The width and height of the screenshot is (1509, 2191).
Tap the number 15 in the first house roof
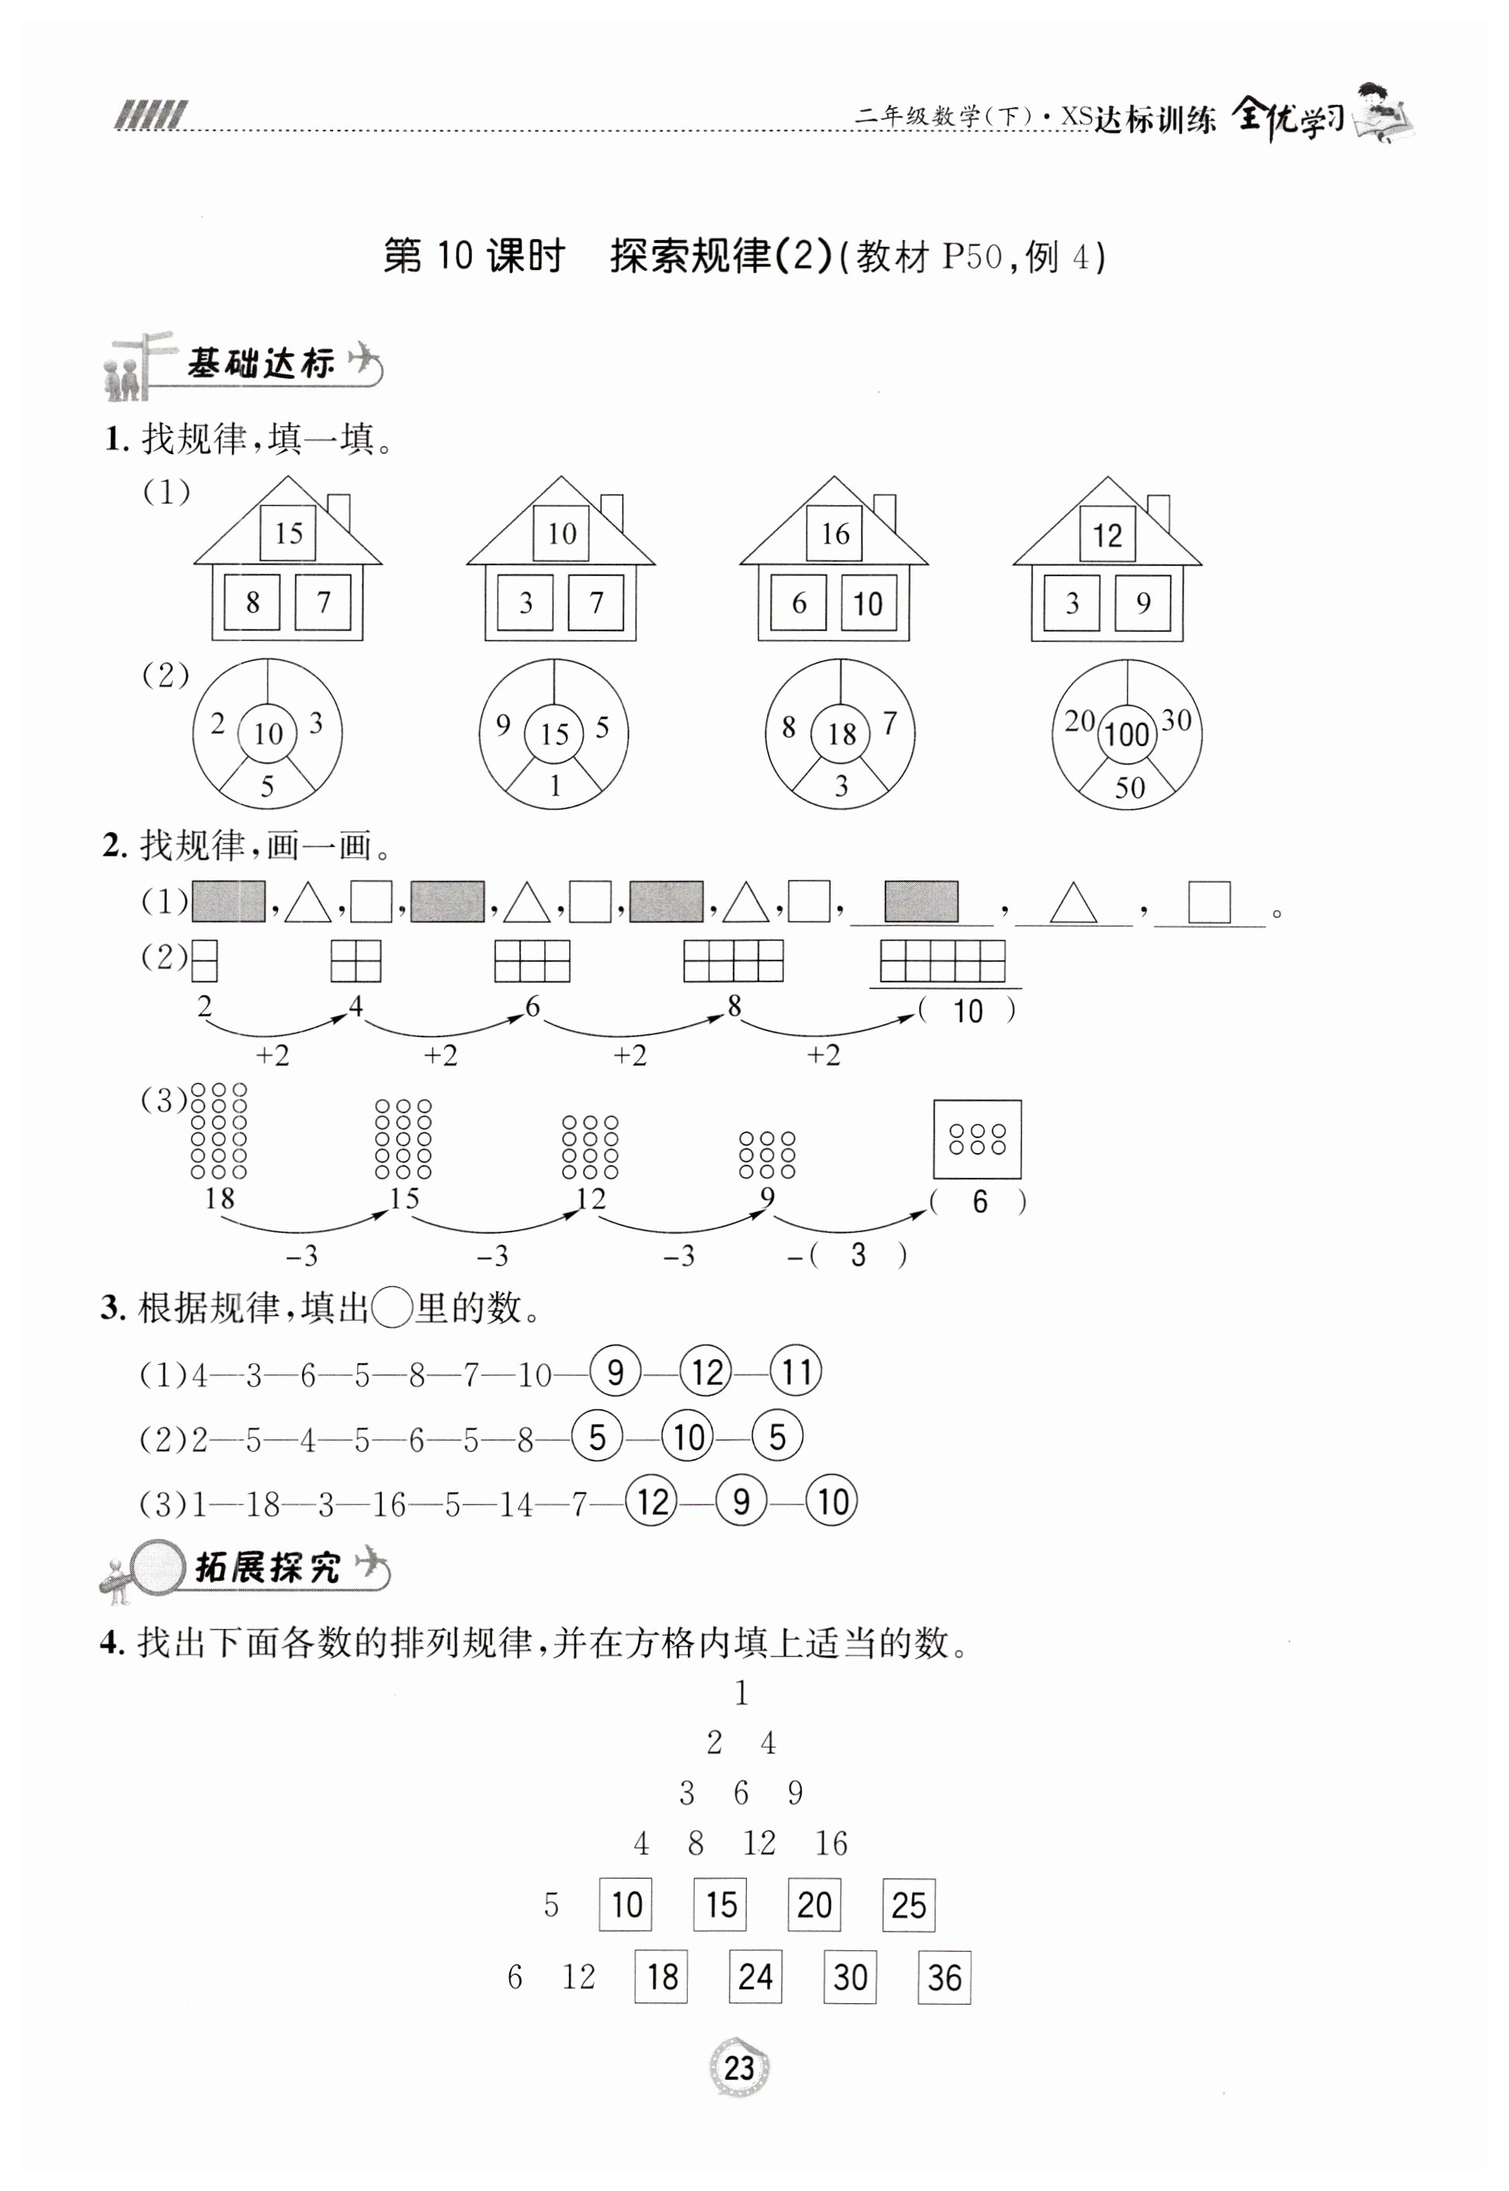click(289, 533)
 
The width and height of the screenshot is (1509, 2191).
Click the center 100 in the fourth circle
click(1126, 734)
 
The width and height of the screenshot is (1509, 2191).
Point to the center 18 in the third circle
click(841, 733)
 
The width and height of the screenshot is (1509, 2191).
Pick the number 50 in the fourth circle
click(1129, 788)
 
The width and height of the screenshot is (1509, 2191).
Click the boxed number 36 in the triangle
click(945, 1977)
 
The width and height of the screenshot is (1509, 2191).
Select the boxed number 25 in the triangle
click(909, 1905)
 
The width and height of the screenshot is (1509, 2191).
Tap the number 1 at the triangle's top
click(741, 1693)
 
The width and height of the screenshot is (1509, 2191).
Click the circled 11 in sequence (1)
click(796, 1372)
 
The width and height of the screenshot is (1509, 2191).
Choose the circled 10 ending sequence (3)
click(832, 1502)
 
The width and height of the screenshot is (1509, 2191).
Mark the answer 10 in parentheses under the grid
click(967, 1012)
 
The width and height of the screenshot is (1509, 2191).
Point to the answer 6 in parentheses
click(980, 1202)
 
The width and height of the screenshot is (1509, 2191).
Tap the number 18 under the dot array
click(220, 1199)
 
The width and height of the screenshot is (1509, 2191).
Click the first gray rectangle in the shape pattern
click(229, 902)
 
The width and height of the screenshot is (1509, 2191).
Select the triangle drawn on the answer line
click(1072, 903)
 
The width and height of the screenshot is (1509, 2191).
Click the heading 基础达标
click(261, 363)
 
